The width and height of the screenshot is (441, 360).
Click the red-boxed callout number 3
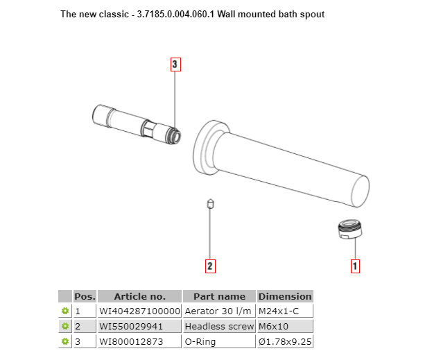(x=175, y=65)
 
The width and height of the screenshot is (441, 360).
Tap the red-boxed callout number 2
(x=210, y=265)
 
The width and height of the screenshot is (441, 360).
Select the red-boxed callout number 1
(x=356, y=265)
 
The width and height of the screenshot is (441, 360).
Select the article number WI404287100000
(x=139, y=311)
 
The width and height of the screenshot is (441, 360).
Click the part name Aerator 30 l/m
(x=219, y=311)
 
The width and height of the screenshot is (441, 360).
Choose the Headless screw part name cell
(x=219, y=326)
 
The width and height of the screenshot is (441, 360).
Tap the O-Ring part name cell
(x=200, y=341)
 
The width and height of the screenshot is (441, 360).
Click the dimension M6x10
(x=273, y=326)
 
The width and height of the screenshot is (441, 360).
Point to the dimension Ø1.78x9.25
(x=285, y=341)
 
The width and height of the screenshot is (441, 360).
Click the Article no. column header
(x=139, y=296)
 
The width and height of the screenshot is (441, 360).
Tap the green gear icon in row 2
(x=65, y=326)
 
